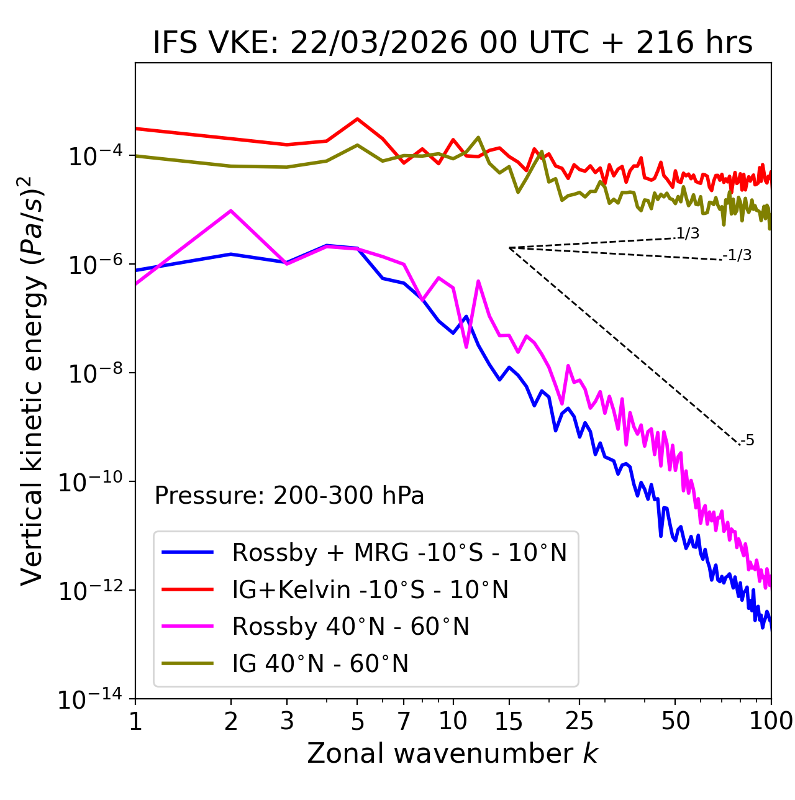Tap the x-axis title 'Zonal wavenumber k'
(452, 753)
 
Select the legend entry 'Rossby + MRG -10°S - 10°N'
(399, 552)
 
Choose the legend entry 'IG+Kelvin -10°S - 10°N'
(370, 589)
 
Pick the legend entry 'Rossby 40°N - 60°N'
(350, 627)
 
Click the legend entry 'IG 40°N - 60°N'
(320, 664)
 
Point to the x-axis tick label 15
(509, 721)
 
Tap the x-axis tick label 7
(404, 721)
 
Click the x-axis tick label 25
(579, 721)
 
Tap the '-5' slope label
(747, 441)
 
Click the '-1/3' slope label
(737, 255)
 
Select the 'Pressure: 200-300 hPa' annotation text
(289, 496)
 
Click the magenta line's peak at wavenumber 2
(231, 211)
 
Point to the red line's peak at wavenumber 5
(357, 119)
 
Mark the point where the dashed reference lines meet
(509, 248)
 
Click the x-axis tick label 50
(675, 721)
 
